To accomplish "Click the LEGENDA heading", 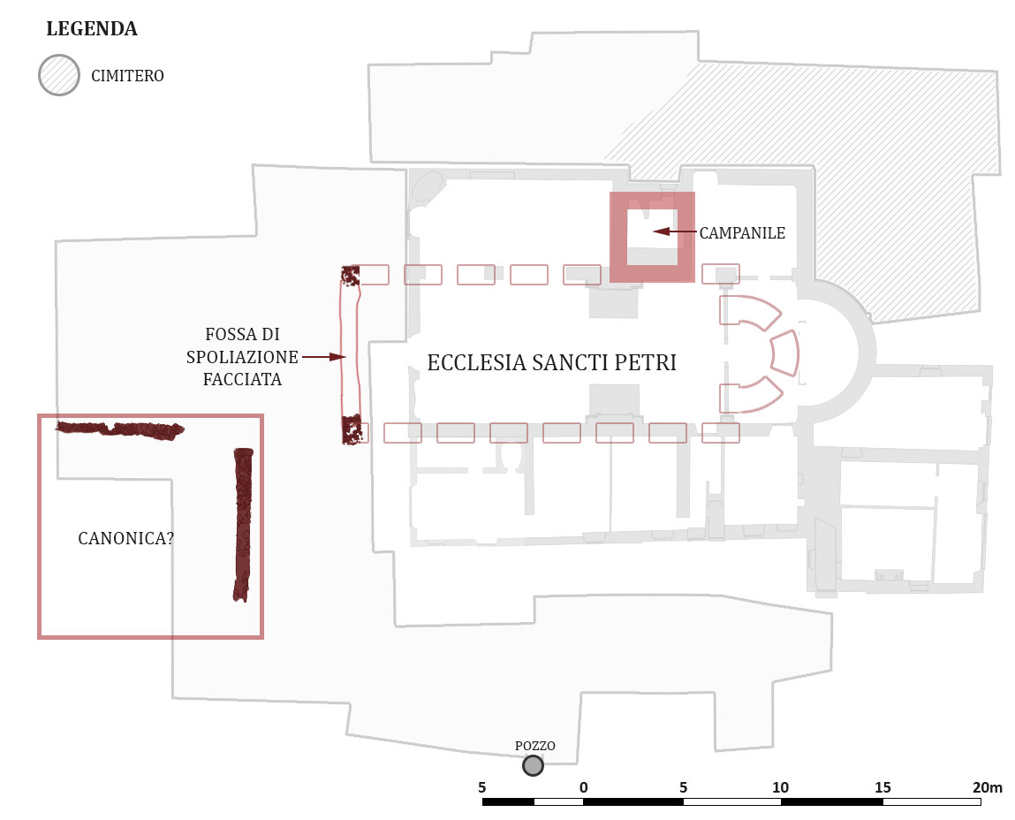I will pos(91,29).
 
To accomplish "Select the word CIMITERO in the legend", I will pos(127,76).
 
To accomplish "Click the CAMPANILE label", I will pos(742,233).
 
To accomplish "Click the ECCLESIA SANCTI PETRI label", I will pos(551,363).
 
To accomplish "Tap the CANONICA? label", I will pos(125,538).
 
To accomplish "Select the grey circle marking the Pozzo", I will pos(533,765).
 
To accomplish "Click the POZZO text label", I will pos(535,746).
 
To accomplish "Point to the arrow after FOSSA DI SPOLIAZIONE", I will pos(323,357).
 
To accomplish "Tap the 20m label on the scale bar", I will pos(987,787).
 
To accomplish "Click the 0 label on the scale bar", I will pos(583,787).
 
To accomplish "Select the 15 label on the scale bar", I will pos(882,787).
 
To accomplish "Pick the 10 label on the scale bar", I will pos(781,787).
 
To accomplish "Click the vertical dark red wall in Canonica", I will pos(242,525).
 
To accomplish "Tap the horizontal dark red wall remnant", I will pos(119,429).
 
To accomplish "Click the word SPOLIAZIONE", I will pos(241,357).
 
